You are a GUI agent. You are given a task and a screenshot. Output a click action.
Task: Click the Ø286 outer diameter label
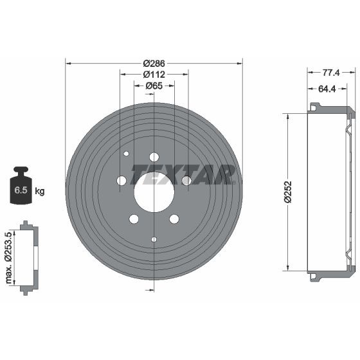click(154, 64)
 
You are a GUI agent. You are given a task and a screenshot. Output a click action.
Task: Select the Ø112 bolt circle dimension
click(154, 75)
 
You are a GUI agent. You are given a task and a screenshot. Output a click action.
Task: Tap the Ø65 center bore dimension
click(154, 86)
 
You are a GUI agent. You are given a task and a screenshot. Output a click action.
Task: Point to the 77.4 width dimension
click(331, 73)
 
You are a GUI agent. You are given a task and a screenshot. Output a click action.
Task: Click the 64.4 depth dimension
click(327, 89)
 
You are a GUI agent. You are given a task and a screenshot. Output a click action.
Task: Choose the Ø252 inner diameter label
click(288, 192)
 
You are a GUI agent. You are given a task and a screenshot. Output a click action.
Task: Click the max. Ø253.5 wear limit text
click(8, 258)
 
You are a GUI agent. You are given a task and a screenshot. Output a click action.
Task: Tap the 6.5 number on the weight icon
click(21, 190)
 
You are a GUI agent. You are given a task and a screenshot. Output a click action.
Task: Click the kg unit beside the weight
click(40, 190)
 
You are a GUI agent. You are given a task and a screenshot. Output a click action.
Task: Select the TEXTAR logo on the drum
click(183, 174)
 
